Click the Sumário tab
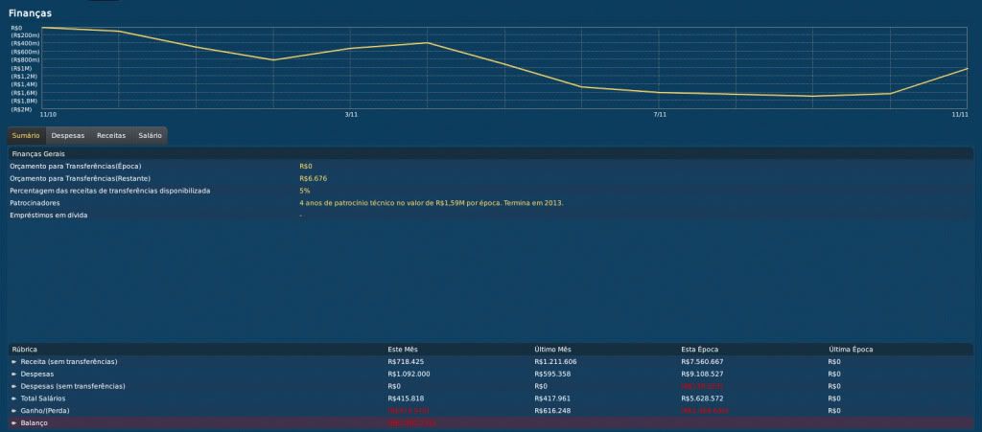point(26,135)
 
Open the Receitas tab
point(111,135)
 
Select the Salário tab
point(150,135)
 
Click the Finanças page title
point(30,13)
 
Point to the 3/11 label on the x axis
point(351,115)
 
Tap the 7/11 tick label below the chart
point(659,115)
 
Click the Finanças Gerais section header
point(37,153)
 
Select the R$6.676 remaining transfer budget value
point(314,178)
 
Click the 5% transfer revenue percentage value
point(305,191)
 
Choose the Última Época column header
point(851,350)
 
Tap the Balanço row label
point(37,422)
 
